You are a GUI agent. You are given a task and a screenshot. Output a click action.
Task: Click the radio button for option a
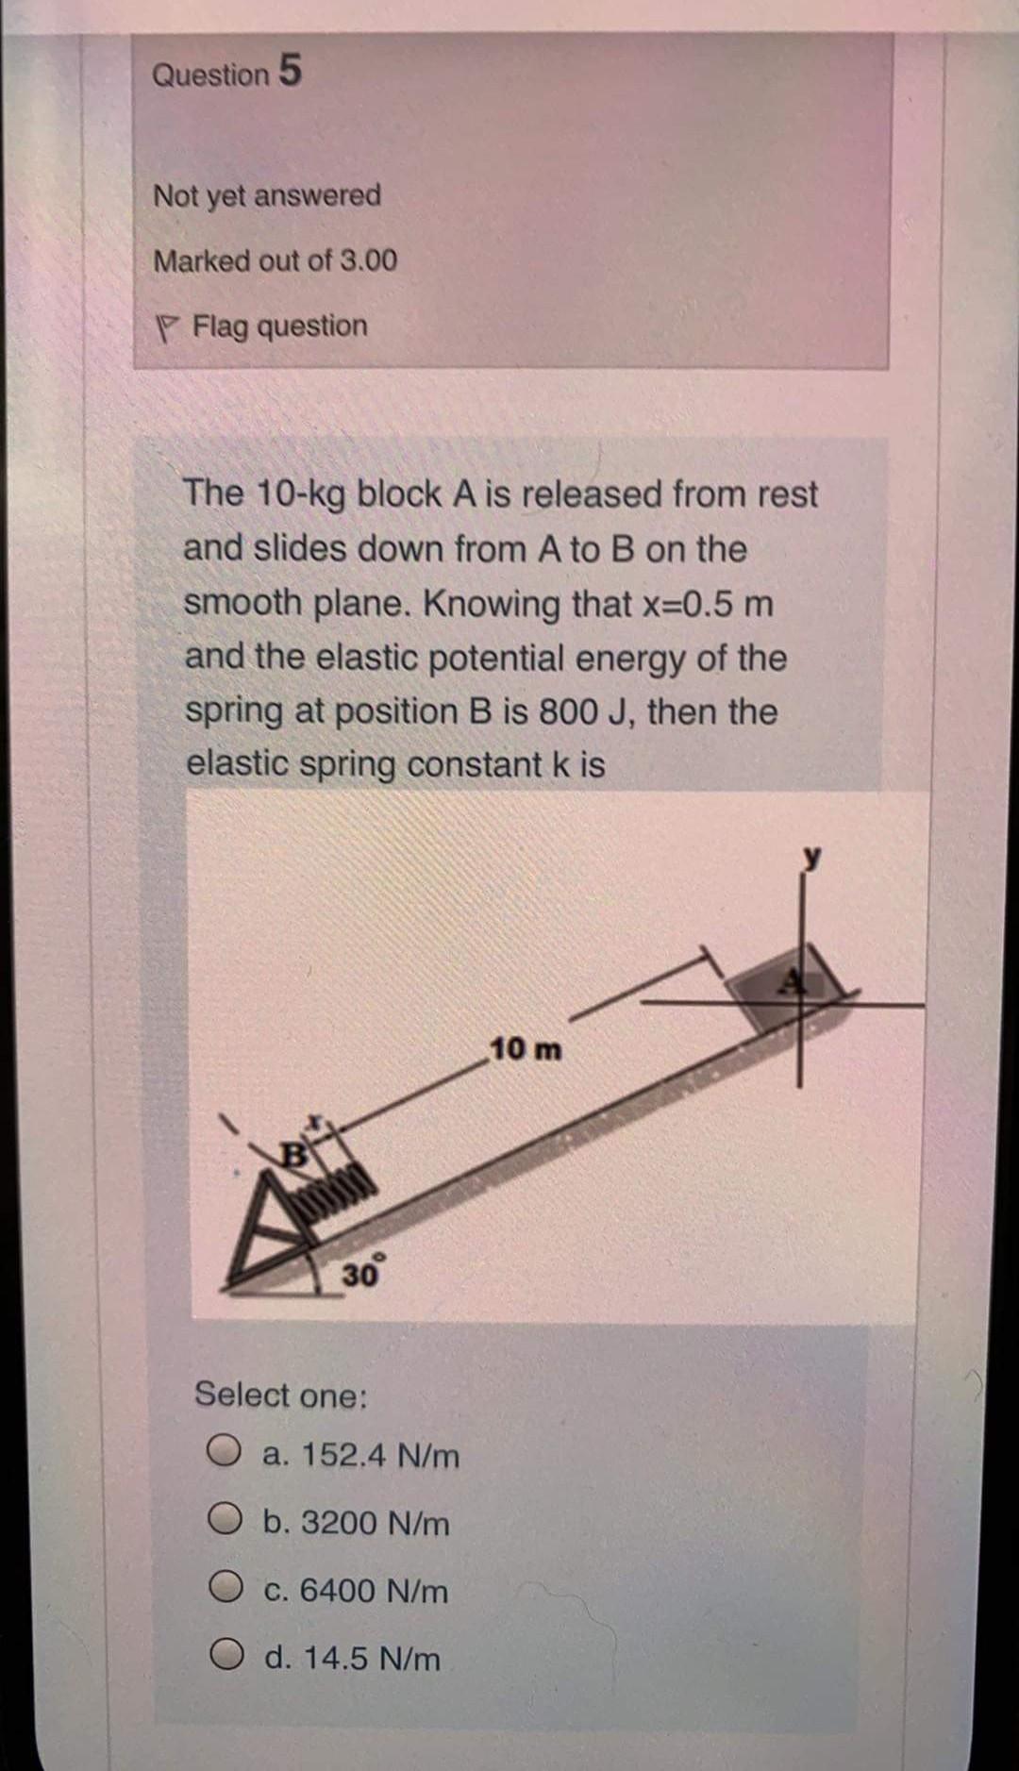click(226, 1454)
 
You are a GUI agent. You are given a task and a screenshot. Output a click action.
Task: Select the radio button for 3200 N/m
click(226, 1522)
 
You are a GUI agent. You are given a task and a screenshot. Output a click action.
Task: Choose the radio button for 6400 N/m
click(226, 1590)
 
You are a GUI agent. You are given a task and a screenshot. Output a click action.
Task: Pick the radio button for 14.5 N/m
click(226, 1658)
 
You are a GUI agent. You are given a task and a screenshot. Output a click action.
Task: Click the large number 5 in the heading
click(290, 72)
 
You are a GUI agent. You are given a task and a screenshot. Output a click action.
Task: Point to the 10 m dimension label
click(526, 1048)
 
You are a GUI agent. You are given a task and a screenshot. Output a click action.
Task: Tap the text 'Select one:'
click(281, 1394)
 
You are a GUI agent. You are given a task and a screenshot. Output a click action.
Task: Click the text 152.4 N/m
click(380, 1455)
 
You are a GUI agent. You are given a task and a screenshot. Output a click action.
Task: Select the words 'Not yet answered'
click(267, 195)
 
